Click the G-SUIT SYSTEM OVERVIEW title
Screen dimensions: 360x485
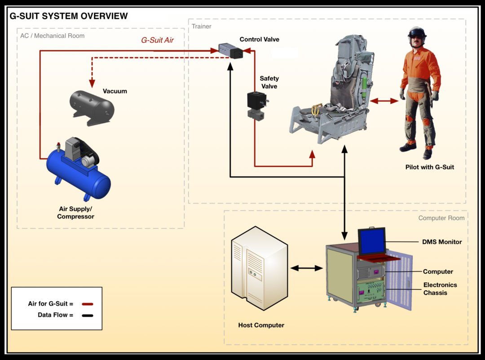pos(69,16)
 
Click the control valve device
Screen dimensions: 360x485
pos(230,51)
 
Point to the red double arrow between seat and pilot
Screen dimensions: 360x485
pos(384,102)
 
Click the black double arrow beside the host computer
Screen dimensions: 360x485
pos(307,268)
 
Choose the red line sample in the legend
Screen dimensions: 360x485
pos(87,304)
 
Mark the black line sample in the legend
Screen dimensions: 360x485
pos(87,315)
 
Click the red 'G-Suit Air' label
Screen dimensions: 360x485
pos(157,40)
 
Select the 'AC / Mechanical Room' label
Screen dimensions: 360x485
pos(52,36)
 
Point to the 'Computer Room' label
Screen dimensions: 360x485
pos(441,218)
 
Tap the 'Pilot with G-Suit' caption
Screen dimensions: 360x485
pos(429,167)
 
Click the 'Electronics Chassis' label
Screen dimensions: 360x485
pos(440,289)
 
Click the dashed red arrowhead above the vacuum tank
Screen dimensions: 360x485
pos(92,83)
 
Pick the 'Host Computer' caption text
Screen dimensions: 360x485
pos(261,325)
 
